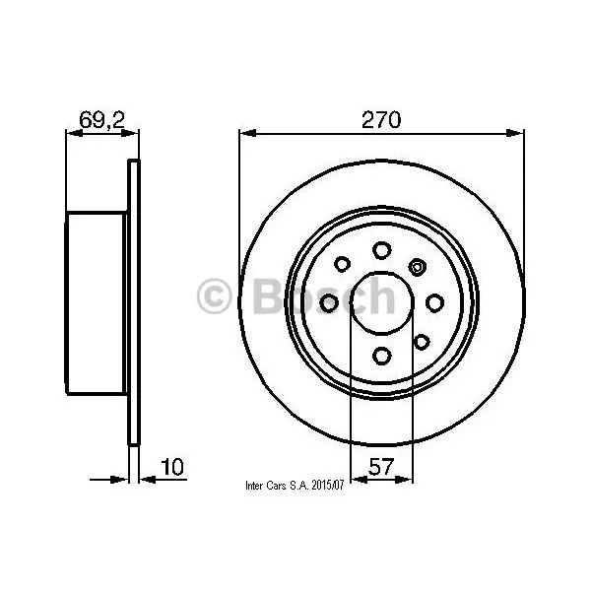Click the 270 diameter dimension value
pyautogui.click(x=381, y=120)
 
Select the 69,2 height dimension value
pyautogui.click(x=101, y=120)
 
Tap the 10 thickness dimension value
pyautogui.click(x=172, y=467)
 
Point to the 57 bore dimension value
pyautogui.click(x=381, y=467)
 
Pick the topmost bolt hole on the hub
pyautogui.click(x=382, y=250)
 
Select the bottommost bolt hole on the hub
pyautogui.click(x=382, y=356)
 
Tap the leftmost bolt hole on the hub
pyautogui.click(x=329, y=303)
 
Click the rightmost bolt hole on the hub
pyautogui.click(x=434, y=303)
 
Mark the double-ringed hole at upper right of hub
pyautogui.click(x=418, y=267)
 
